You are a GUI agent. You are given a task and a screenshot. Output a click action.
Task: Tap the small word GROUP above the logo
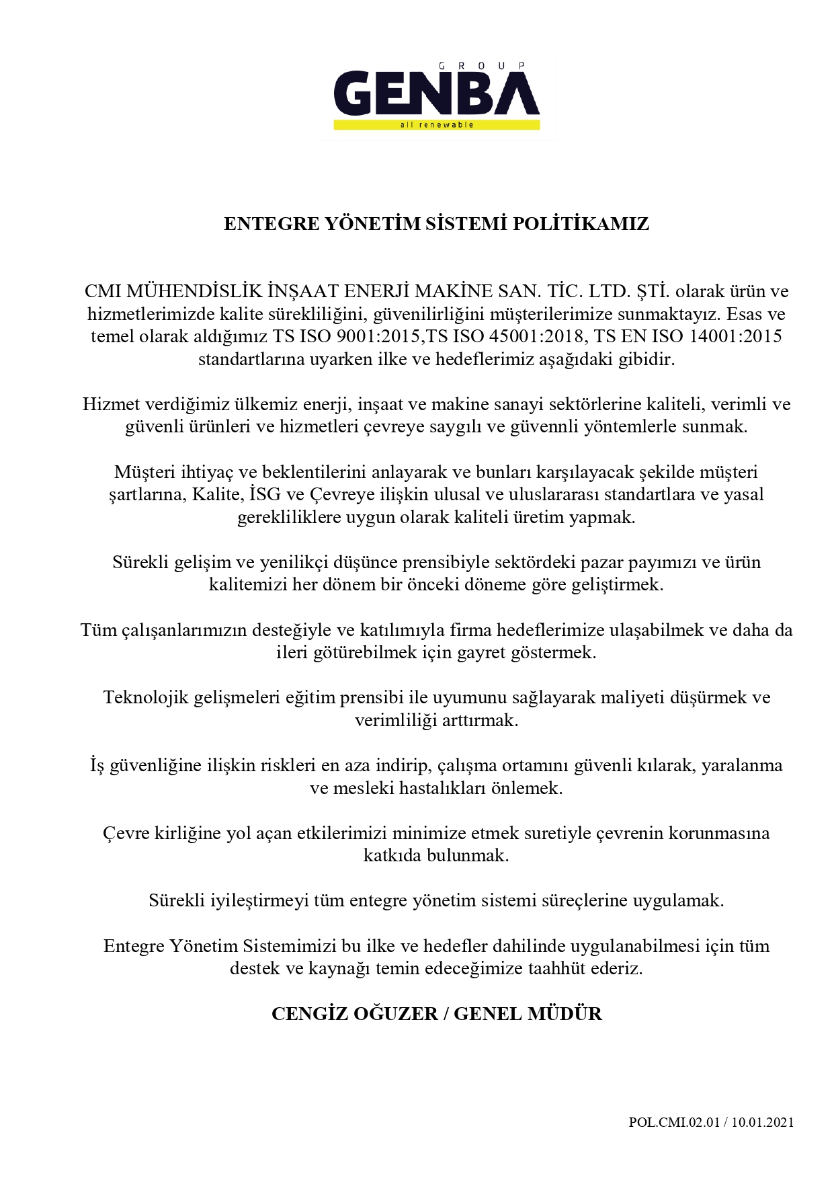click(481, 65)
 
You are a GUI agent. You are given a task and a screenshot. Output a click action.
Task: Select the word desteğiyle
click(300, 631)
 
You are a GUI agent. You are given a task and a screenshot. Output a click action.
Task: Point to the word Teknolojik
click(146, 697)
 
